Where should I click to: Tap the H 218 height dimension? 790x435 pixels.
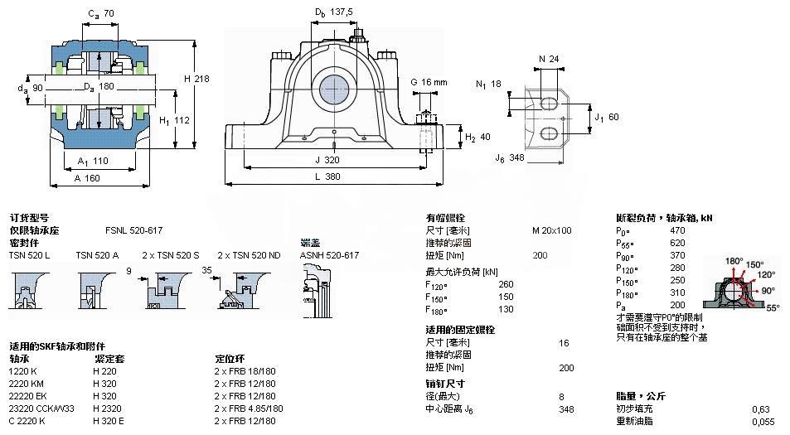pos(196,78)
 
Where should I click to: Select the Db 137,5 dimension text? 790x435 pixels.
pos(333,12)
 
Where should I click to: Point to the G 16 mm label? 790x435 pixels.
pos(429,82)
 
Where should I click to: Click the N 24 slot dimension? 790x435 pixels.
pos(548,59)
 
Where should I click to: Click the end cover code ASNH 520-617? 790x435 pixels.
pos(329,255)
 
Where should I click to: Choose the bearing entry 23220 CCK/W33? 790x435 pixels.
pos(41,408)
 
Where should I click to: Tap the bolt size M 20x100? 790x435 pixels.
pos(551,230)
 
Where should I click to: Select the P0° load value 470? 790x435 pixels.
pos(677,230)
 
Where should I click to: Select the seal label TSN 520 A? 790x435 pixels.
pos(97,255)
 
